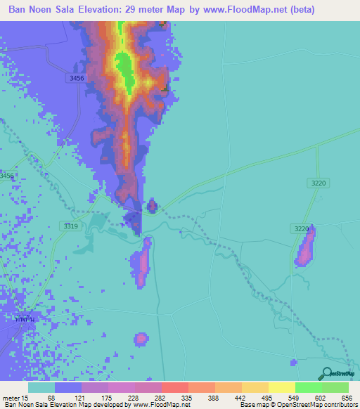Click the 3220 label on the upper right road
tap(319, 183)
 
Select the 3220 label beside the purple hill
tap(301, 229)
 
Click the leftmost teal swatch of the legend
tap(41, 387)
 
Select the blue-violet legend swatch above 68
tap(68, 387)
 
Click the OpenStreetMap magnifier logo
tap(326, 374)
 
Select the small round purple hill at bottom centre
tap(141, 339)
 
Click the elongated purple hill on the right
tap(306, 247)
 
